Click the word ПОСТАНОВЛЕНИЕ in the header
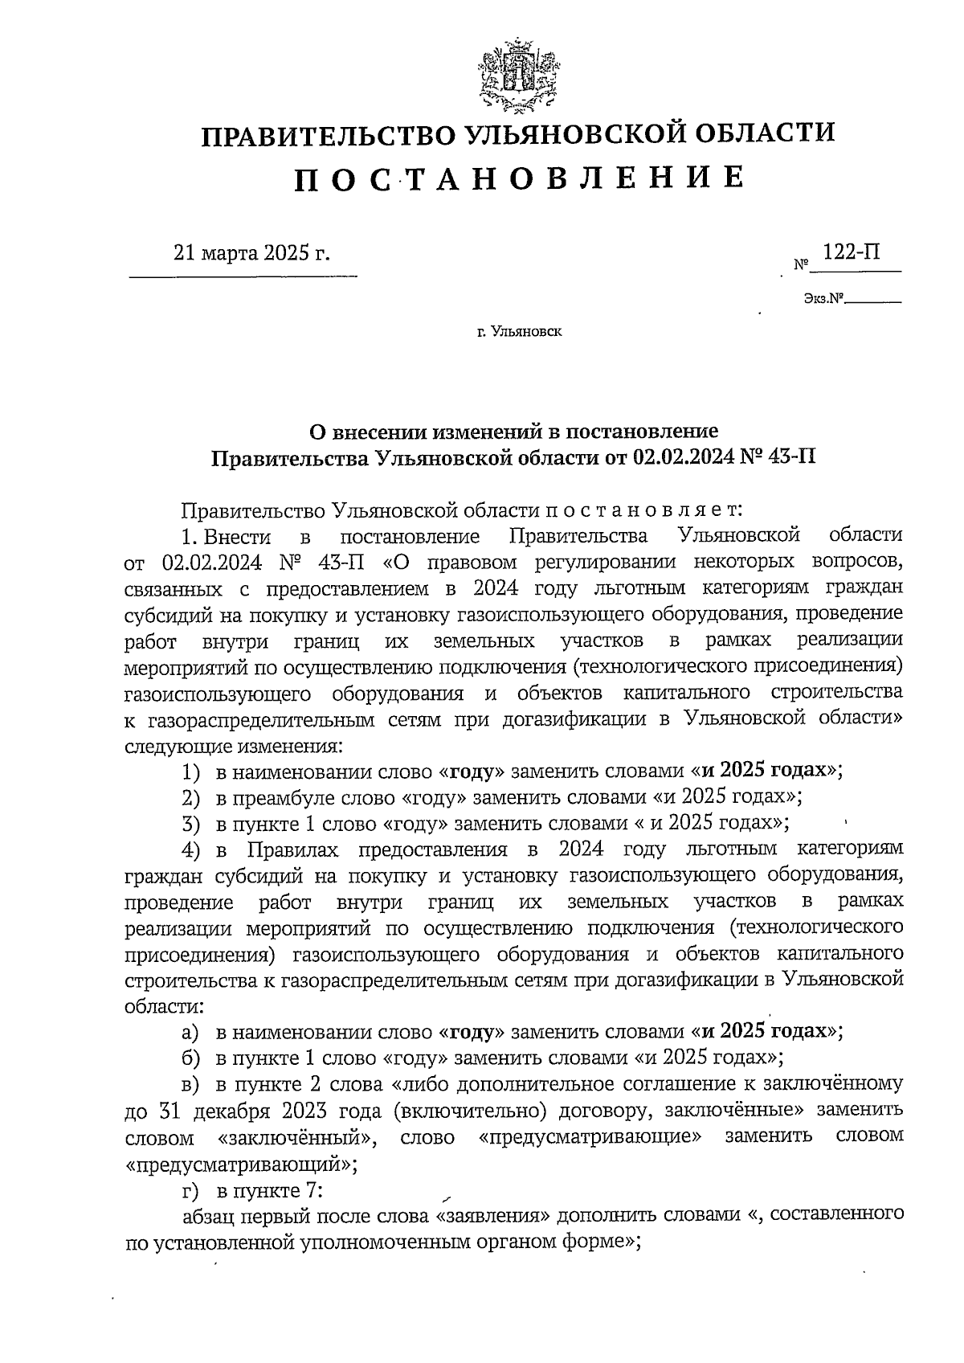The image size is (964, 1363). (x=518, y=179)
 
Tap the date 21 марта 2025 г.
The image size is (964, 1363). (x=251, y=254)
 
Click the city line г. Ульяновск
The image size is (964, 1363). (x=518, y=330)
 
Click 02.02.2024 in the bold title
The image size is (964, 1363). (x=681, y=457)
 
